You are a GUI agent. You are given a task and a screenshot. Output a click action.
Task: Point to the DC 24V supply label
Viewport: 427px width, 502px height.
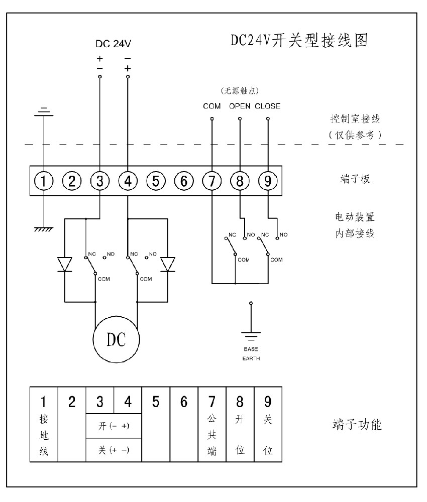[114, 44]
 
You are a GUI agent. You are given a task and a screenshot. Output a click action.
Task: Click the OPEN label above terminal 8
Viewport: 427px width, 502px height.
[240, 106]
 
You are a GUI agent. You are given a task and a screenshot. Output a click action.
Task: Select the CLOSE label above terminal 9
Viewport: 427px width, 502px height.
[268, 106]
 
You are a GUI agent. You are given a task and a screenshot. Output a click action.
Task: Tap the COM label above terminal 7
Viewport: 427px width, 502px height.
[212, 106]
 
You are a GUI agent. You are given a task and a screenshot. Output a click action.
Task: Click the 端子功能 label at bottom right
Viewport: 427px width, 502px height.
[354, 426]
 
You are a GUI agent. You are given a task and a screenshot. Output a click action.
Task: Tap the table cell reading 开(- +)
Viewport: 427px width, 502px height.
[114, 425]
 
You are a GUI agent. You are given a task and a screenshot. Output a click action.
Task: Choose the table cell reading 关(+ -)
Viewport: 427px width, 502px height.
[114, 450]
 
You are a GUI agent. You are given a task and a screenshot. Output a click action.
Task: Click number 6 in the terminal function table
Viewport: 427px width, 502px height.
[184, 402]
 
